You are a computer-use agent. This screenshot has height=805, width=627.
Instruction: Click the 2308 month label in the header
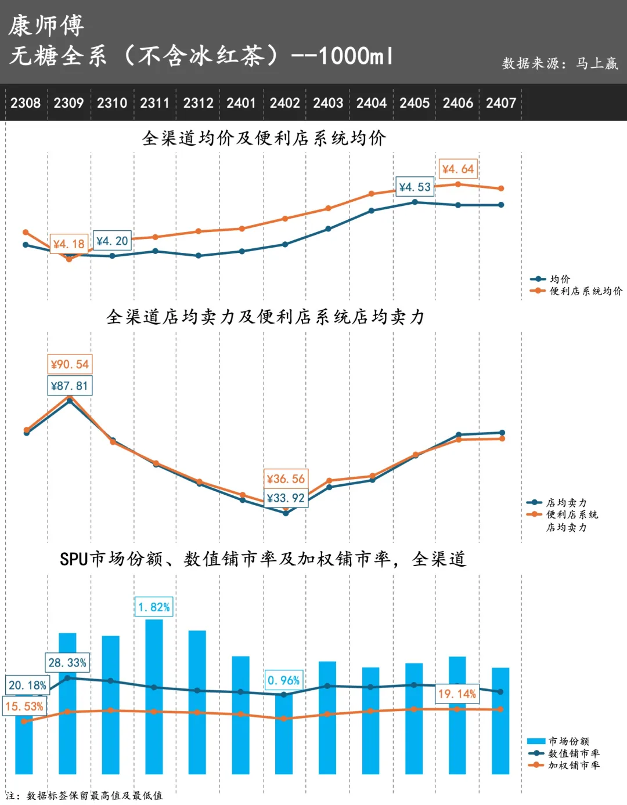26,103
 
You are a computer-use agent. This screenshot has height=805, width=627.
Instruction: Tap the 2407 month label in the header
501,103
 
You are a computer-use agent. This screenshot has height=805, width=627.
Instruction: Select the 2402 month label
284,103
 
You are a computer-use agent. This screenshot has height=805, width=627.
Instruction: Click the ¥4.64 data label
457,169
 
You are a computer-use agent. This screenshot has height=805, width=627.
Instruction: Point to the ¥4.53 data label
415,187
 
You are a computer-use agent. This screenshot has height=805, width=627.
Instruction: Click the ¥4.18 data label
69,244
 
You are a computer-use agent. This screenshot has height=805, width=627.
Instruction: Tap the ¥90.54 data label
70,364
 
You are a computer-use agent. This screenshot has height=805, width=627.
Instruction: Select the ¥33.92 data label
286,498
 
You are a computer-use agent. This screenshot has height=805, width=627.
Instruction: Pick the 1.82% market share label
154,607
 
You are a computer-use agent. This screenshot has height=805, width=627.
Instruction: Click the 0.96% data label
283,680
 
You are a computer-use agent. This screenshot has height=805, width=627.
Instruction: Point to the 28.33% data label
67,662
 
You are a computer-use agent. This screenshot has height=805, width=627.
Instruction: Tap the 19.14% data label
457,694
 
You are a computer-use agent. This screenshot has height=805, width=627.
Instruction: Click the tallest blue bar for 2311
154,696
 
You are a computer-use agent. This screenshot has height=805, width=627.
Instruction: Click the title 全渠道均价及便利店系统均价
264,138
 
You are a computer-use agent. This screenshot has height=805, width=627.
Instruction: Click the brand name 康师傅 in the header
46,26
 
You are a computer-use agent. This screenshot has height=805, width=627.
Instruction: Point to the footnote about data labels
85,796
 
